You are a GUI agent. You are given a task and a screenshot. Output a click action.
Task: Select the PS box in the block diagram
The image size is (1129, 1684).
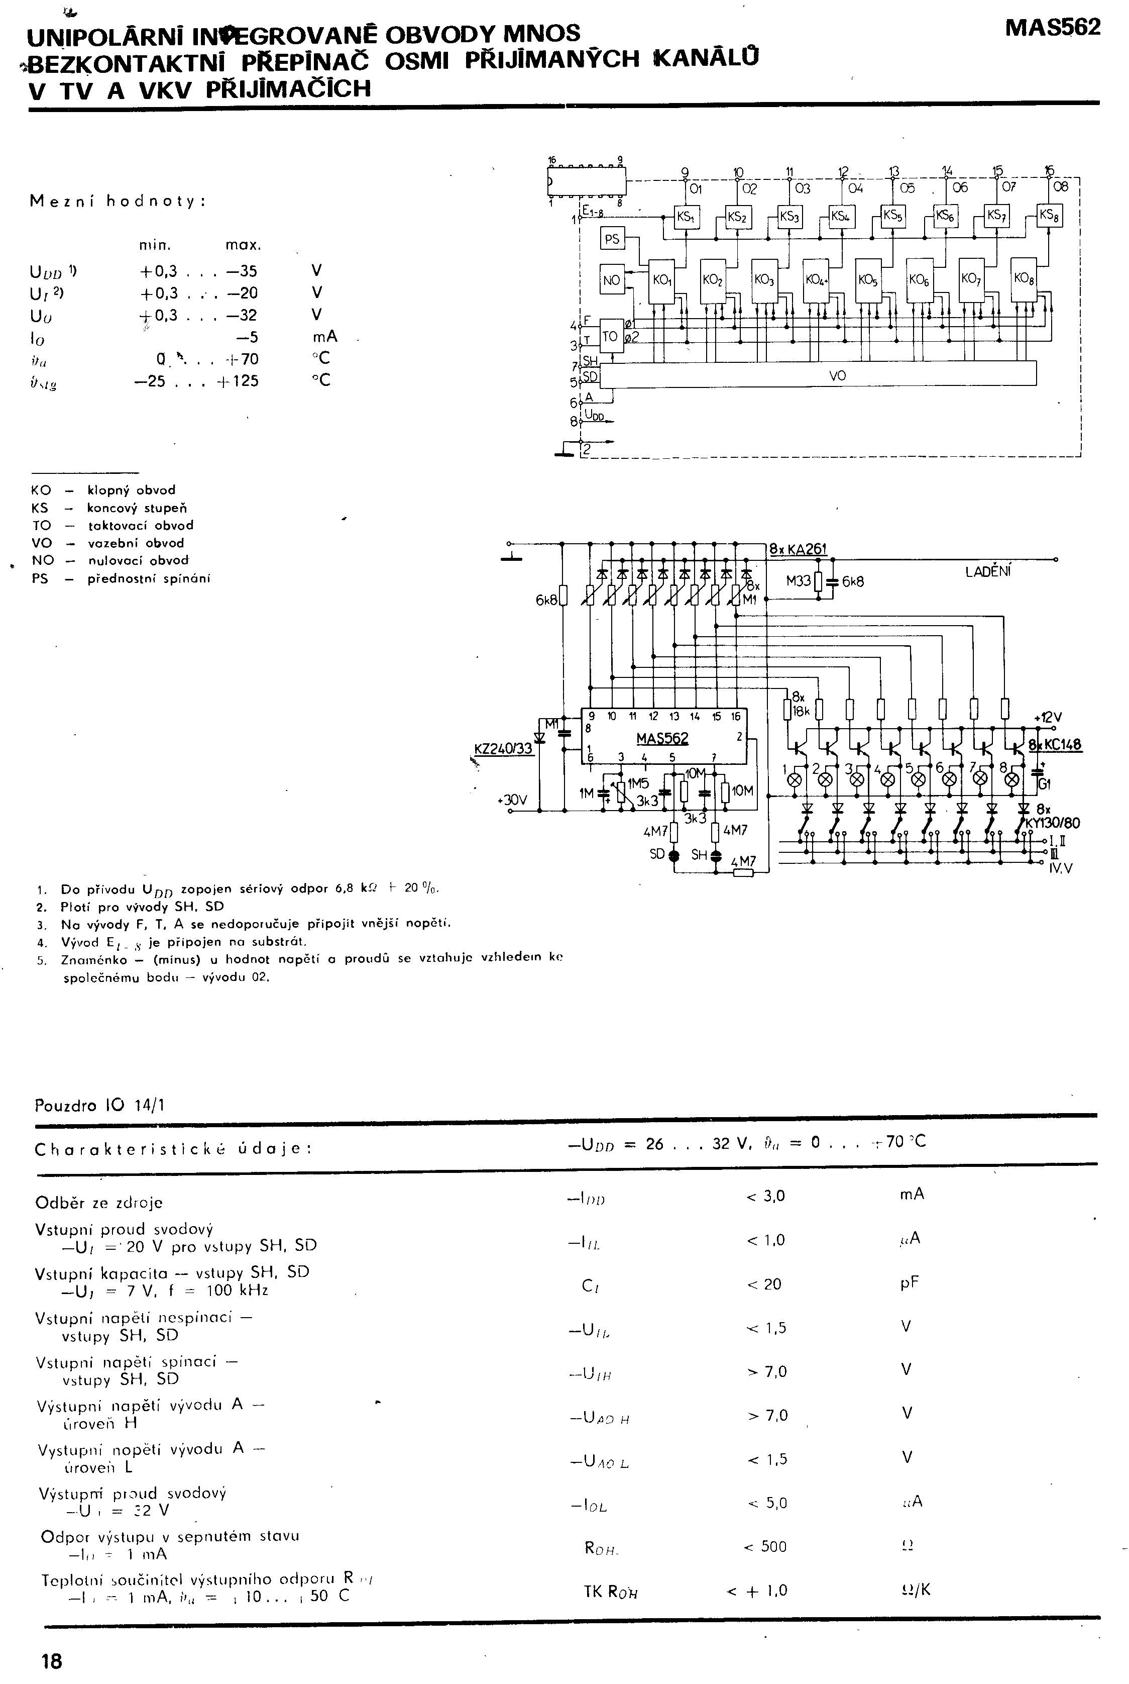612,238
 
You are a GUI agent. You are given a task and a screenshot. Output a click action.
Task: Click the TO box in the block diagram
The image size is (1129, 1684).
611,336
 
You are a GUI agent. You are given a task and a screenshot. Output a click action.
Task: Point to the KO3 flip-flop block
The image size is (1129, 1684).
763,279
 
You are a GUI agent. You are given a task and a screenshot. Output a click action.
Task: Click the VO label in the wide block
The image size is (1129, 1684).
837,375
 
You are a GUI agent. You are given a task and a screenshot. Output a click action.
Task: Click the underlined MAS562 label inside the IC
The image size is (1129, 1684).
662,738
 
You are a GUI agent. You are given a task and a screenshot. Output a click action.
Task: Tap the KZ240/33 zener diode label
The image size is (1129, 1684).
503,748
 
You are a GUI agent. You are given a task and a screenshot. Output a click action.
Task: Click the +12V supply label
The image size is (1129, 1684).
1047,718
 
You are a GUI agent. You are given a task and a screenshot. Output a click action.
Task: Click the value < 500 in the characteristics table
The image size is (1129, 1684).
765,1546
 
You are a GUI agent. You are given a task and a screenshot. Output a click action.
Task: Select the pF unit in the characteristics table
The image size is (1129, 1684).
910,1283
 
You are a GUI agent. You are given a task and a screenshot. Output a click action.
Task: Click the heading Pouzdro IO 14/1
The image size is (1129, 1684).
99,1105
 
